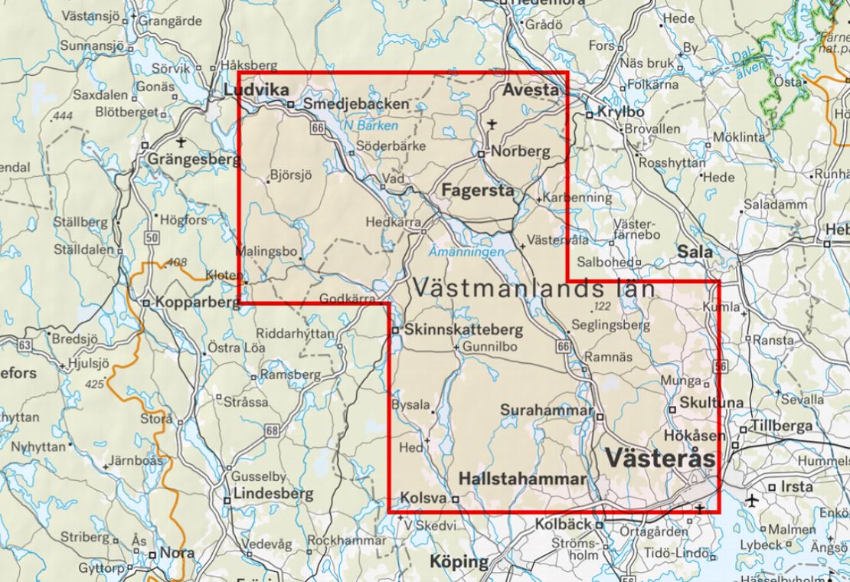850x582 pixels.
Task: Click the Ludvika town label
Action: [250, 90]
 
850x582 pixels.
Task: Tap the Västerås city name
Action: [660, 458]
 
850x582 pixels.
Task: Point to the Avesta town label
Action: [531, 90]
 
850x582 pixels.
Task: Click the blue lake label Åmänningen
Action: [467, 251]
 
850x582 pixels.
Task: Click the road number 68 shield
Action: [272, 431]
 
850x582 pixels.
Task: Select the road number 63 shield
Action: [25, 345]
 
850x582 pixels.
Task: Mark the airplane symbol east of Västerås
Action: [753, 502]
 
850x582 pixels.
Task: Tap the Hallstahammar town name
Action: [522, 479]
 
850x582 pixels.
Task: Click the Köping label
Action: [458, 562]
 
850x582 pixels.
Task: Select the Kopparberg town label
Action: [197, 302]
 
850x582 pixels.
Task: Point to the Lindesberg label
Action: [273, 494]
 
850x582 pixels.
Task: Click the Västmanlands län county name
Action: [534, 289]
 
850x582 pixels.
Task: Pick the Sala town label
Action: [695, 251]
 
